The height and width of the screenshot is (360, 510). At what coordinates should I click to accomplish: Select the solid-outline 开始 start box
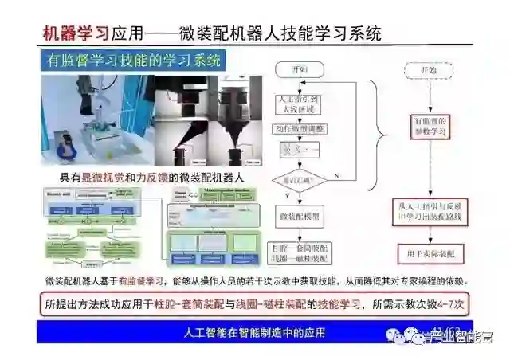299,69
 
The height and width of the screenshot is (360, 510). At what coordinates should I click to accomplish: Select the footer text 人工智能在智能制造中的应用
255,332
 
